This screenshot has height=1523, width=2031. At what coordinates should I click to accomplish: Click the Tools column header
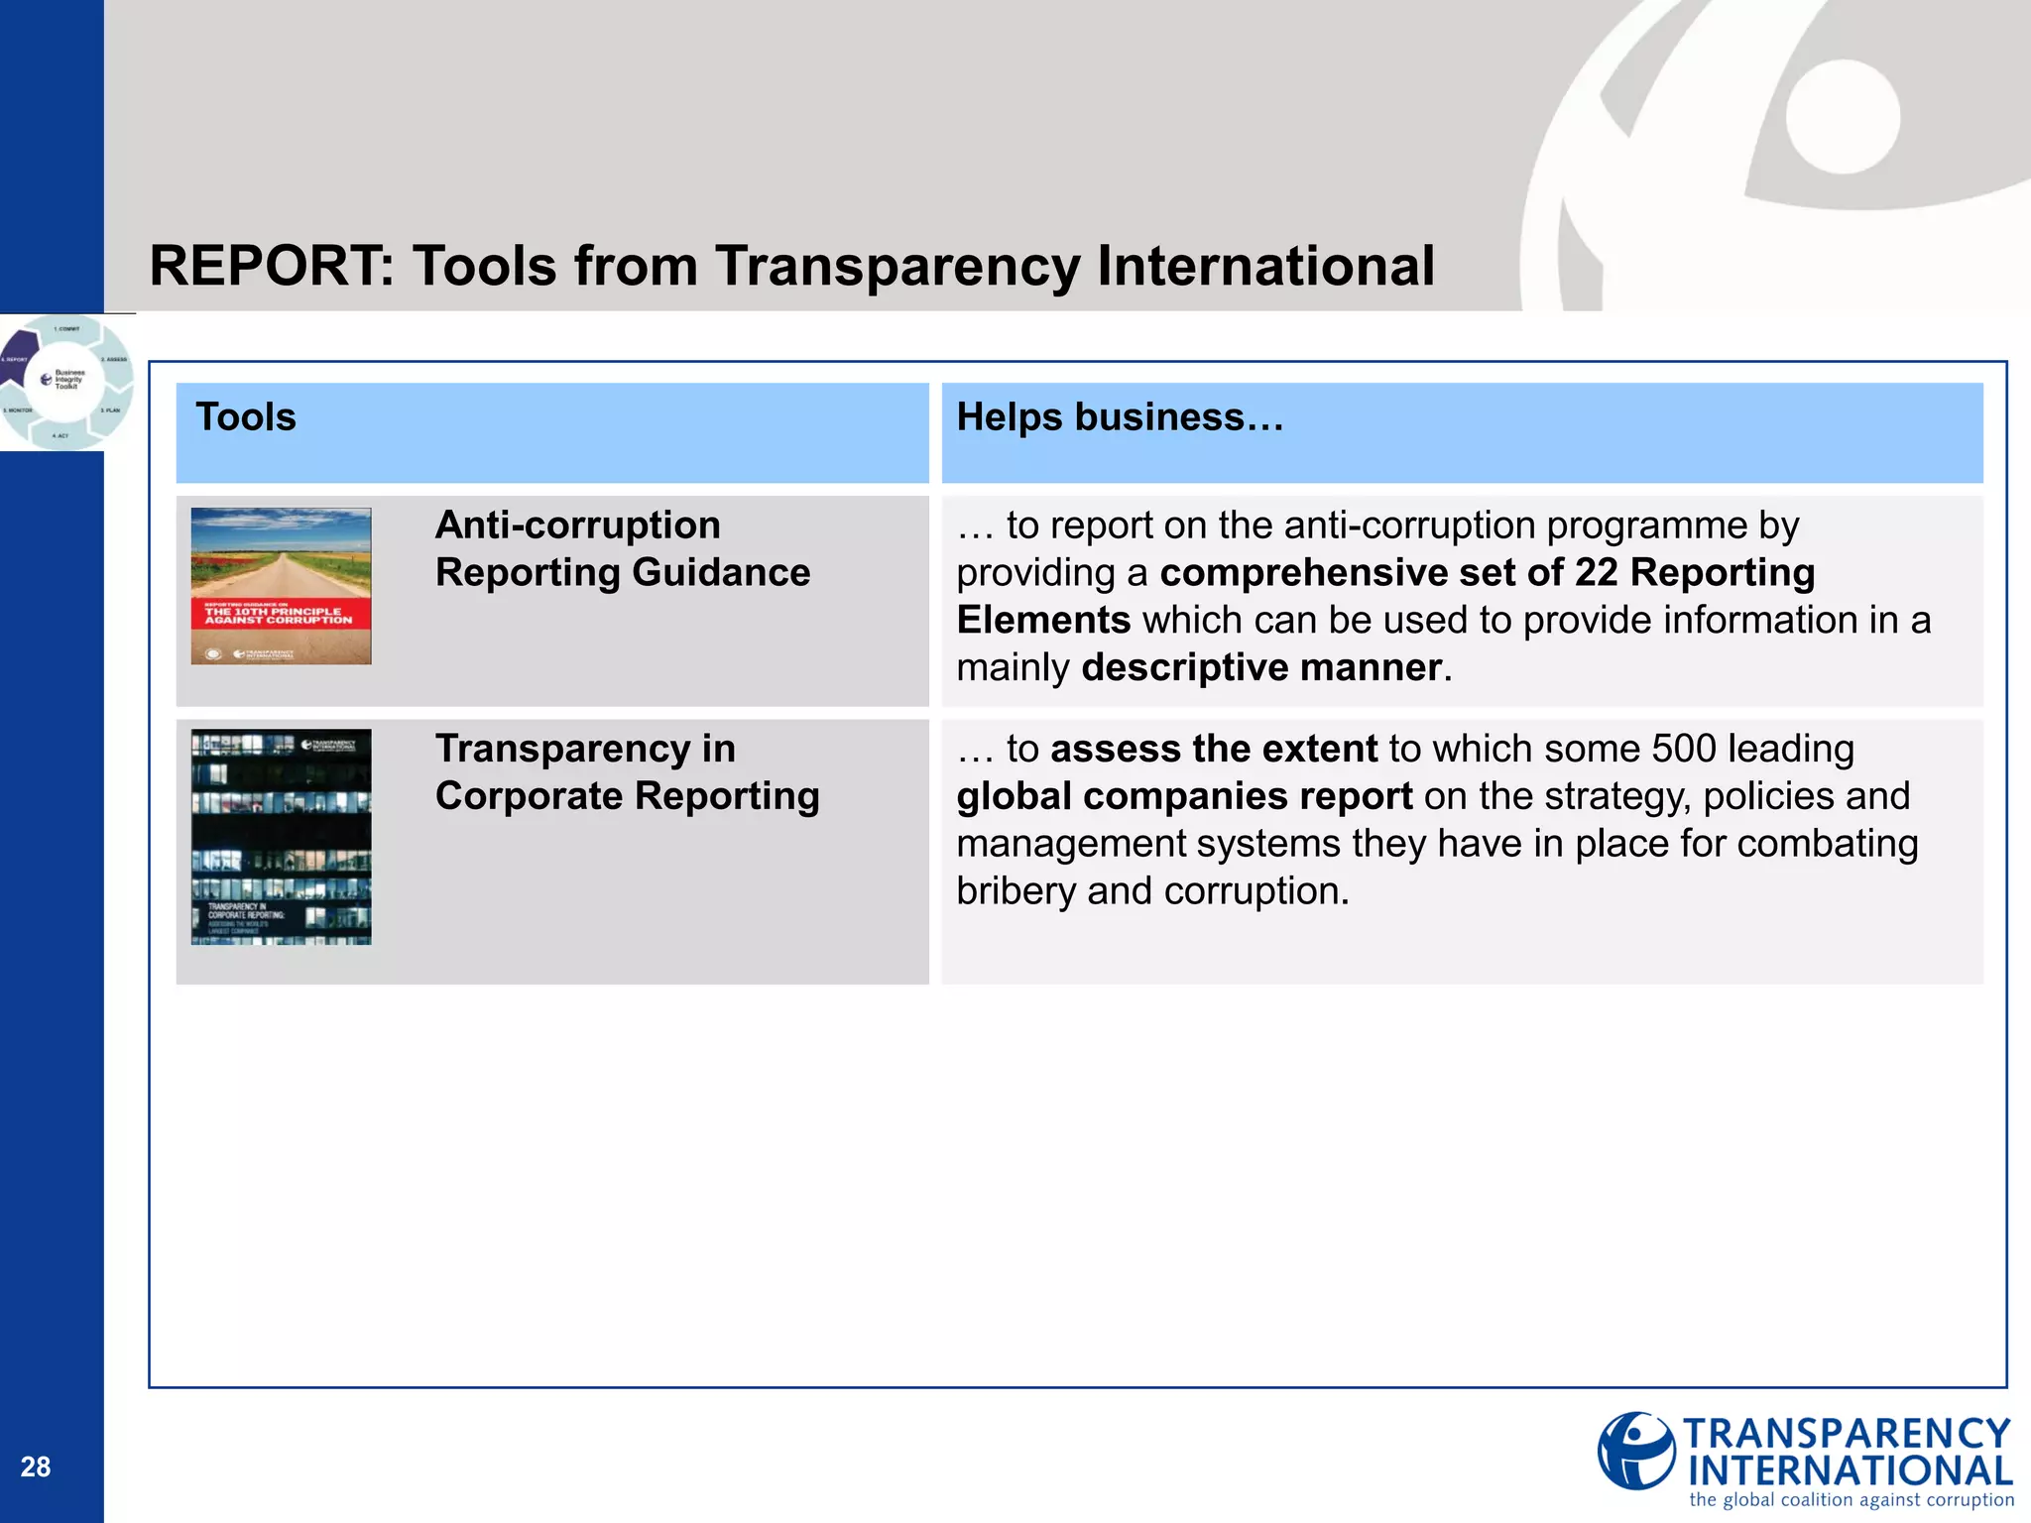click(x=246, y=417)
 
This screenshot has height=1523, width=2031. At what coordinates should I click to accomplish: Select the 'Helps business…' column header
click(x=1120, y=417)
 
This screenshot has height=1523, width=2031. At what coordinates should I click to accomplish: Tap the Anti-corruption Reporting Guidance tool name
click(x=622, y=548)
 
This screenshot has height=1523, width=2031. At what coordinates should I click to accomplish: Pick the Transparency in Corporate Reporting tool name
click(x=627, y=771)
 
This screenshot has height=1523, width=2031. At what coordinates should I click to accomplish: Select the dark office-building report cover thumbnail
click(x=281, y=836)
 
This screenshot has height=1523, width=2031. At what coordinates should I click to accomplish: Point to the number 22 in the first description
click(x=1596, y=573)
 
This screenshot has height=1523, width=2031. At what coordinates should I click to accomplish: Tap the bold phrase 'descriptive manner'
click(x=1260, y=667)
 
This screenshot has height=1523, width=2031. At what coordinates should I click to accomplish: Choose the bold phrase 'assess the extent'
click(x=1214, y=749)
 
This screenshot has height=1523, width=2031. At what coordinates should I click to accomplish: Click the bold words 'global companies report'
click(x=1184, y=796)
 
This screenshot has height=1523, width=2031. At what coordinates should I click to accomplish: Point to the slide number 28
click(x=36, y=1466)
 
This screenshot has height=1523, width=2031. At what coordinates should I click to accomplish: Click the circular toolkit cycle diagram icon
click(x=65, y=382)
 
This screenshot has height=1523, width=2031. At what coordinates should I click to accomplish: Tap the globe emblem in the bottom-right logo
click(x=1635, y=1451)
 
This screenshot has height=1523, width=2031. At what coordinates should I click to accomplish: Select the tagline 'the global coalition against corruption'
click(x=1852, y=1500)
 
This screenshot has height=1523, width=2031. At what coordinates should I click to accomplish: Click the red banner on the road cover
click(x=281, y=614)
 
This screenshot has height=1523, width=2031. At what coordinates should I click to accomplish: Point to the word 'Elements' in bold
click(x=1043, y=621)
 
